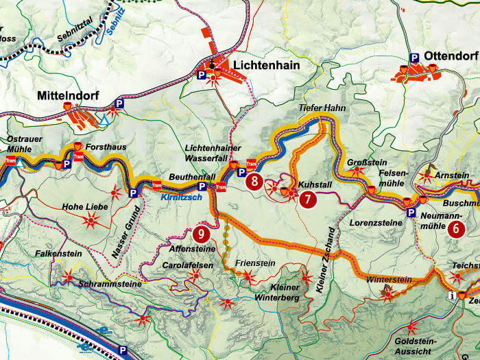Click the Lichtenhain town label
pyautogui.click(x=260, y=65)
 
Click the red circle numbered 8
pyautogui.click(x=254, y=182)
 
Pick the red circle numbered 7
pyautogui.click(x=308, y=200)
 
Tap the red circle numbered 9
pyautogui.click(x=201, y=233)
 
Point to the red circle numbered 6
pyautogui.click(x=456, y=230)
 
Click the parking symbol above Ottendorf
pyautogui.click(x=414, y=58)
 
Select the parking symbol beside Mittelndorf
pyautogui.click(x=119, y=104)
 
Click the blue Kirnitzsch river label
pyautogui.click(x=181, y=197)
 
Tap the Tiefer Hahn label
pyautogui.click(x=322, y=109)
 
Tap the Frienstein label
pyautogui.click(x=254, y=262)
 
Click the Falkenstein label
pyautogui.click(x=58, y=254)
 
